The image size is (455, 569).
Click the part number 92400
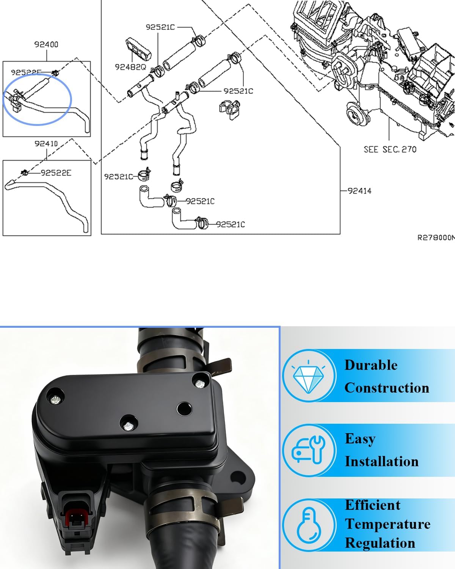coord(46,44)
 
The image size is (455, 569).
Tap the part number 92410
coord(46,144)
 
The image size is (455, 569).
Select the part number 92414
coord(359,191)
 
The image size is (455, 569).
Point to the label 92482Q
coord(130,67)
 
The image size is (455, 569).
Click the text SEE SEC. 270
coord(390,149)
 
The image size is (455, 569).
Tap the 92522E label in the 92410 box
coord(56,173)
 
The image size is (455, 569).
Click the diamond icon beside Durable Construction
coord(309,376)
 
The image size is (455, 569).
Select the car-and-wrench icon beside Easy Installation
coord(309,450)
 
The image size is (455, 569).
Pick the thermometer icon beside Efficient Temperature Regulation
coord(309,525)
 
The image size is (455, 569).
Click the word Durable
coord(371,365)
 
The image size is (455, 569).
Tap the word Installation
coord(381,461)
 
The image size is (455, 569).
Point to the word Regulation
coord(380,543)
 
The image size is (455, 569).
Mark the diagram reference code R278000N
coord(436,237)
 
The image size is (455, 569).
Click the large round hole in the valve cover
coord(184,409)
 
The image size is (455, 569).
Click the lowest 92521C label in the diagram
coord(231,224)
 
